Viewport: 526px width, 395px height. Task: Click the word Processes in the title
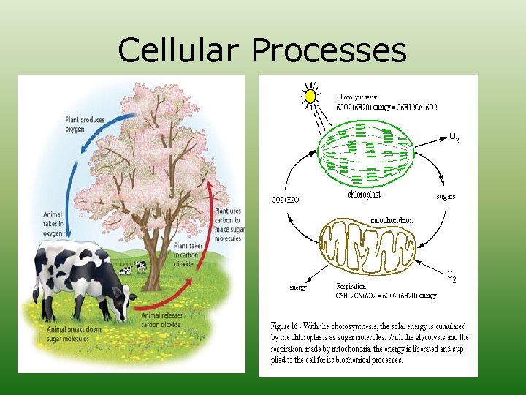329,50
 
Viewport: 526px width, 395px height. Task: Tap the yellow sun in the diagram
310,96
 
